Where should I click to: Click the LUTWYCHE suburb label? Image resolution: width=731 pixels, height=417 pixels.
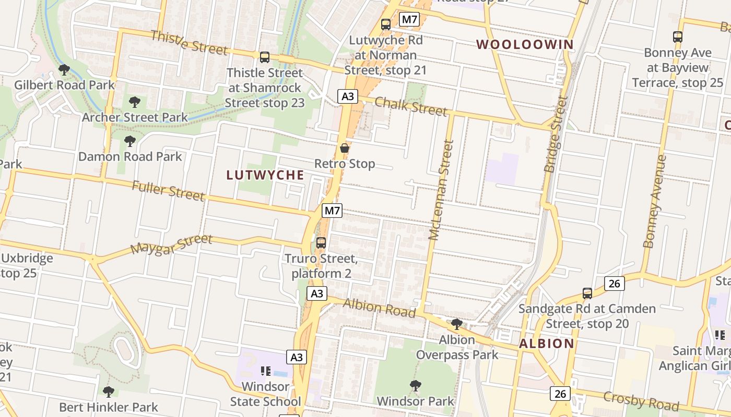tap(265, 175)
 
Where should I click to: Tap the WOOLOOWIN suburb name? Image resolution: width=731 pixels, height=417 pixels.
tap(525, 44)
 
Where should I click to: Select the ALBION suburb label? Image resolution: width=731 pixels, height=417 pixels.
tap(547, 344)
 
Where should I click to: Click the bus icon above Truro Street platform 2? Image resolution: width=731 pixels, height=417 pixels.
tap(321, 242)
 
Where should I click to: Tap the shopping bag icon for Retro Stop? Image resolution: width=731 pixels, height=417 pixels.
tap(345, 148)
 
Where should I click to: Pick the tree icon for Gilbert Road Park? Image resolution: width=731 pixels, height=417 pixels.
tap(64, 69)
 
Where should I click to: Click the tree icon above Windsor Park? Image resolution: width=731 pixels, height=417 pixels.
tap(416, 386)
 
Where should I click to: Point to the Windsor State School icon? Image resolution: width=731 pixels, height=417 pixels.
tap(266, 371)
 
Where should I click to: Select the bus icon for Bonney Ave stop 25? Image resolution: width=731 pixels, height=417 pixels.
tap(678, 37)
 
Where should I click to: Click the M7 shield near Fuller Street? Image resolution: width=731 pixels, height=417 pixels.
tap(332, 211)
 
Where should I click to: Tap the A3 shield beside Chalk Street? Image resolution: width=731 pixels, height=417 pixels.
tap(348, 96)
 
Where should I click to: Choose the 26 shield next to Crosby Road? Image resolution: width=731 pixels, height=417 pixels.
tap(560, 393)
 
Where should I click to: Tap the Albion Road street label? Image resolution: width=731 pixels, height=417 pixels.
tap(379, 308)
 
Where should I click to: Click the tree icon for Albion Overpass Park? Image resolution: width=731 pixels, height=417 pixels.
tap(457, 324)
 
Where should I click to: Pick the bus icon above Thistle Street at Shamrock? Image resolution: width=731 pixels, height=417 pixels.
tap(265, 57)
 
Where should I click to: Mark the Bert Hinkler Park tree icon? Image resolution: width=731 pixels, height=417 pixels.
tap(109, 391)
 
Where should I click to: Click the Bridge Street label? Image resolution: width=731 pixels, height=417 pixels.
tap(556, 134)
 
